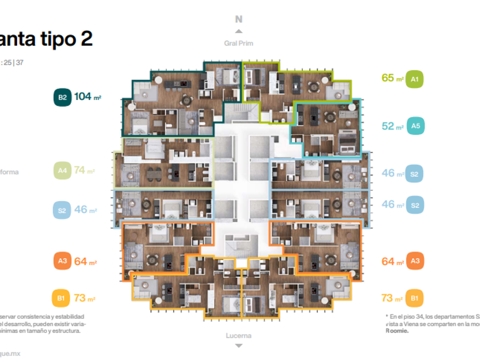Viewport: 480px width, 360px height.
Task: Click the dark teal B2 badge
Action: coord(62,97)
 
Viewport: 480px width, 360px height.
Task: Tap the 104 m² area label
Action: coord(87,97)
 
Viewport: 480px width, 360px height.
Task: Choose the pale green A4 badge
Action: coord(62,170)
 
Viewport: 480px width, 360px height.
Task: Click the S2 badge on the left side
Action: coord(62,210)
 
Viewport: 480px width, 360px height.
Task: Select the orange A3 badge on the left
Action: coord(62,261)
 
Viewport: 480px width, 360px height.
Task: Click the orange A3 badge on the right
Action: coord(415,262)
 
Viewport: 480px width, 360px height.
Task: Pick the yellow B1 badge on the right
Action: coord(415,298)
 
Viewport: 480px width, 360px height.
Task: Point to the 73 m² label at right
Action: coord(391,298)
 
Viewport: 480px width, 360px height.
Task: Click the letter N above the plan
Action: coord(239,19)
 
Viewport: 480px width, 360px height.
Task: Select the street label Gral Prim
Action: coord(239,43)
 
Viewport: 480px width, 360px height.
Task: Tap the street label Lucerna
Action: coord(239,335)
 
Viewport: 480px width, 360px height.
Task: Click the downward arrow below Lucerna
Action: coord(239,346)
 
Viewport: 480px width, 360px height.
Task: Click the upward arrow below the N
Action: coord(239,31)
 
